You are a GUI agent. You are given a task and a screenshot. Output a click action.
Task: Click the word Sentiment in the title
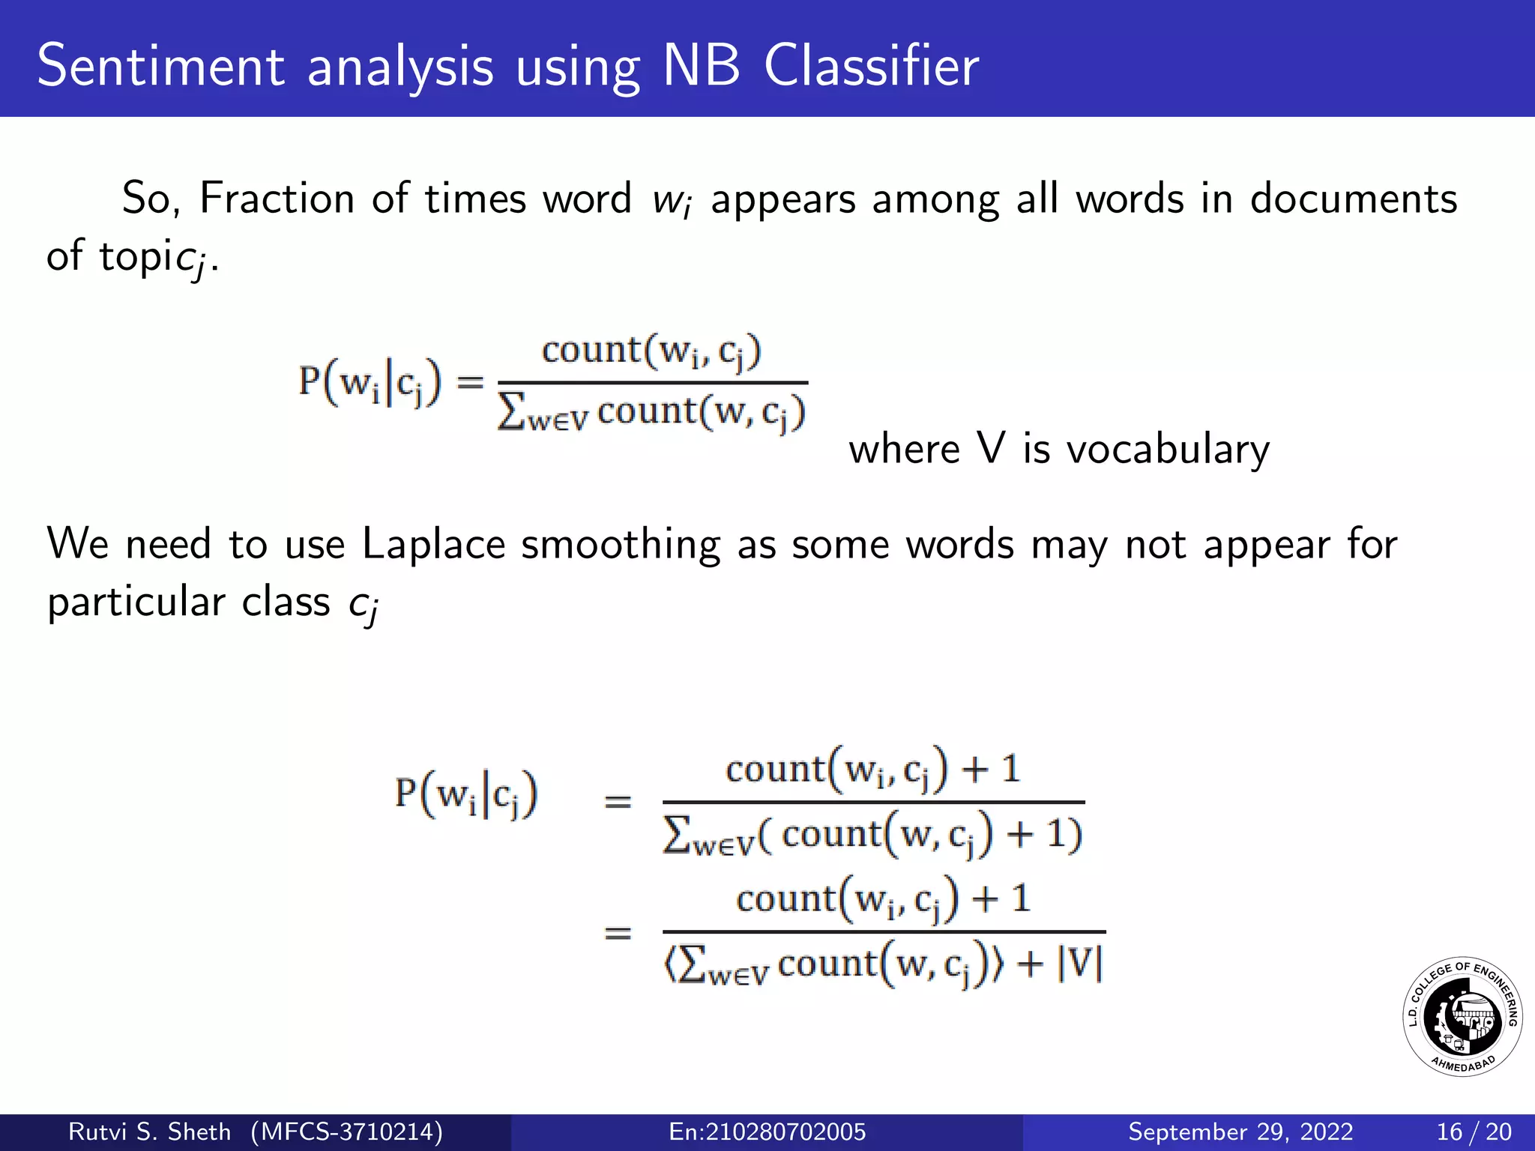160,66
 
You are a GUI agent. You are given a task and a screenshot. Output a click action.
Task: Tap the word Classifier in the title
871,66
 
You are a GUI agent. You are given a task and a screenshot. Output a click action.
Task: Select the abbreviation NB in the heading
701,66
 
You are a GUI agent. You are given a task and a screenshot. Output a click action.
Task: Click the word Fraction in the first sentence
277,199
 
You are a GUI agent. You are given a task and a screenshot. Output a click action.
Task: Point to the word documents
1353,199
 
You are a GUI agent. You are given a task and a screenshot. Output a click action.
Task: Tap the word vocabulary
1168,450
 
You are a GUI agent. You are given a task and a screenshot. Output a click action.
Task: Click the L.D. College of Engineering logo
1462,1017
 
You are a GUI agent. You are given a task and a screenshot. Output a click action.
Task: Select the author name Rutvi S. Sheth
149,1132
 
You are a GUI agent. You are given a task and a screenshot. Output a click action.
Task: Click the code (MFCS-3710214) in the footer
346,1132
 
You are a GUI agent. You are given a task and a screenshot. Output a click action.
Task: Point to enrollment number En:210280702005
767,1132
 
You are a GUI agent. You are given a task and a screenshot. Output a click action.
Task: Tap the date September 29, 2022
1240,1132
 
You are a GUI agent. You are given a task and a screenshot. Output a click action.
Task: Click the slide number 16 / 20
1474,1132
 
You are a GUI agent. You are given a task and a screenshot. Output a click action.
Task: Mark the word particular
136,602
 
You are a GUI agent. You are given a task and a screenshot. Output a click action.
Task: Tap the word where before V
904,450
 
